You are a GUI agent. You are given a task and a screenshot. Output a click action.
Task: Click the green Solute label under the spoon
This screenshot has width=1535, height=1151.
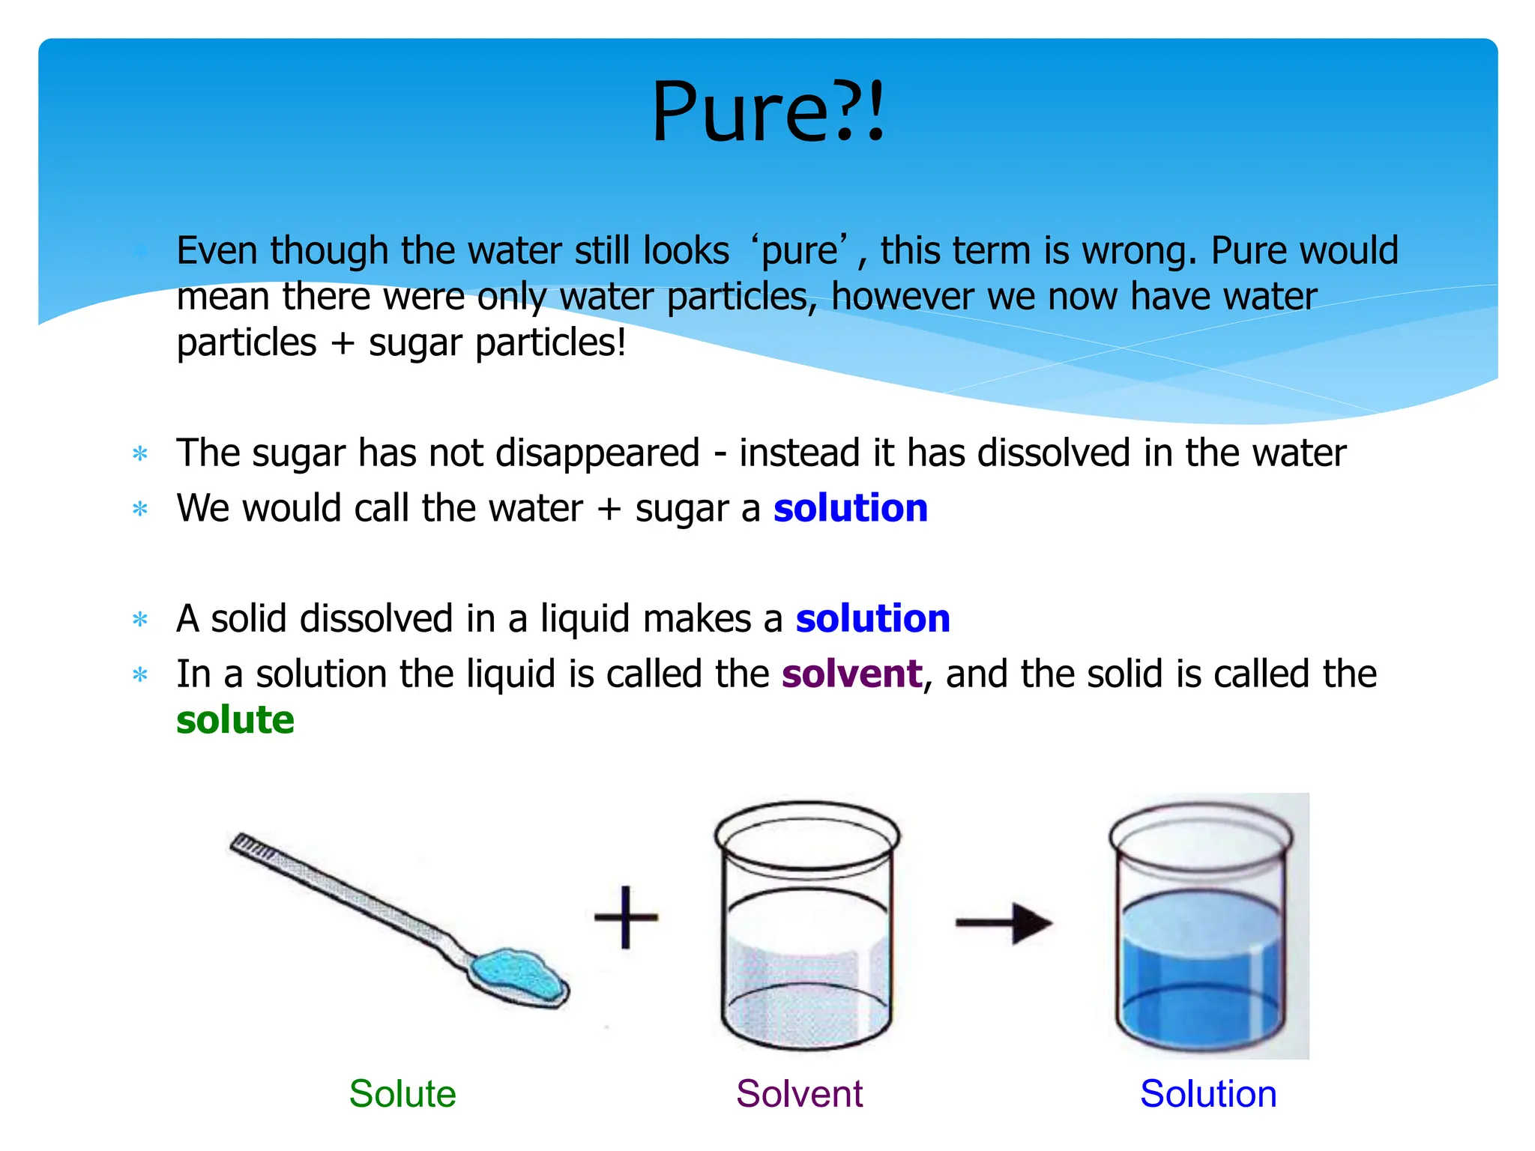(402, 1093)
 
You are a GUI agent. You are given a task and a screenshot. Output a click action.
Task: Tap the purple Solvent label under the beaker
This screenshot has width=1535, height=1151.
(799, 1093)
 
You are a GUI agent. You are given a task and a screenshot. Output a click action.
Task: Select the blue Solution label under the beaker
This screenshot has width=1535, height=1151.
(1208, 1093)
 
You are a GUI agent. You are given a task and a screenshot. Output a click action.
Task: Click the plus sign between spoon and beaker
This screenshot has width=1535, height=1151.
(626, 917)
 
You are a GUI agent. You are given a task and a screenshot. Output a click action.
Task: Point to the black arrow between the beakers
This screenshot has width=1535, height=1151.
(1004, 923)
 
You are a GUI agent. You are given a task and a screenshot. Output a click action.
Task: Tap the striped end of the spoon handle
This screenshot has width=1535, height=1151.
(251, 848)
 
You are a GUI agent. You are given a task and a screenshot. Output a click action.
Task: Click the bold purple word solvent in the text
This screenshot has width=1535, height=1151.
(851, 674)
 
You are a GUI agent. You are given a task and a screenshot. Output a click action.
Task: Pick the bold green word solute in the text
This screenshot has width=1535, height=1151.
(235, 720)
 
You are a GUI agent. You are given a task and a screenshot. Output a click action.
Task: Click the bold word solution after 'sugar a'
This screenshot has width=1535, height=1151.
(851, 508)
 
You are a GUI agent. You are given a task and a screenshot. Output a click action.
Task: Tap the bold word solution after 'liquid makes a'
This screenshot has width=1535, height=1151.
(872, 619)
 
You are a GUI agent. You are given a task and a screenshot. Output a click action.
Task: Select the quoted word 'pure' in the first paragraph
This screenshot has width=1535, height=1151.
(800, 251)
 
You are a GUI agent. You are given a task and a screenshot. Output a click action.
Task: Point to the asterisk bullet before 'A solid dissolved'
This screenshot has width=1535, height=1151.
(140, 620)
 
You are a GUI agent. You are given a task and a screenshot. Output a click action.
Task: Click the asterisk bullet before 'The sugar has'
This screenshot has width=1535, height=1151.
(140, 454)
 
